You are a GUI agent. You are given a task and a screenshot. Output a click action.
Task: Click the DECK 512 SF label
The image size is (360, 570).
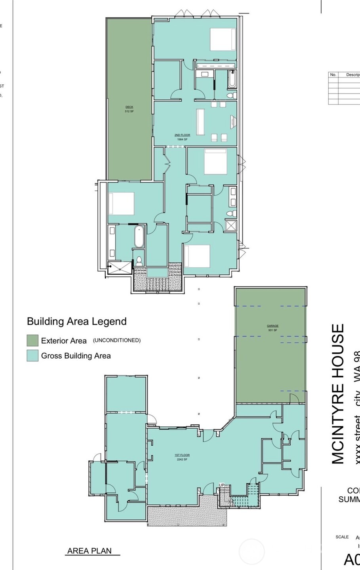point(129,109)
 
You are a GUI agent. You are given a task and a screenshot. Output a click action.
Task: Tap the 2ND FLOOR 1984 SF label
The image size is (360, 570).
point(182,137)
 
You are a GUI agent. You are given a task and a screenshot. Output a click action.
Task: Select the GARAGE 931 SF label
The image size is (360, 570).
point(272,328)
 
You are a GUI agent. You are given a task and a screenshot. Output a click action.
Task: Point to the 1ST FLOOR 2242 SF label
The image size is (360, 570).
point(181,457)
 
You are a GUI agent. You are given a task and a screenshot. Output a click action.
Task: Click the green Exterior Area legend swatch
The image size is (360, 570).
point(32,340)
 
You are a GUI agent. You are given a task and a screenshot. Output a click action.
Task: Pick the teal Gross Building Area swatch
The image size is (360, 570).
point(32,355)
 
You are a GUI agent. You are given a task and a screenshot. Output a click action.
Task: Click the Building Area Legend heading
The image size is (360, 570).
point(76,321)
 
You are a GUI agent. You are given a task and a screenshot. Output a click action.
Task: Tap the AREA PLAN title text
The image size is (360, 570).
point(90,551)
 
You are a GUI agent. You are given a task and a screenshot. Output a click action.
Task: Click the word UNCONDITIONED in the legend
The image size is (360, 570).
point(117,340)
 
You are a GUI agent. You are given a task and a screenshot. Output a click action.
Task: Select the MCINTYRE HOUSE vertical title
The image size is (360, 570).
point(338,394)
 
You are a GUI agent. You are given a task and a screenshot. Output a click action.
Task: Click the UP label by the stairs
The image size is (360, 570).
point(222,485)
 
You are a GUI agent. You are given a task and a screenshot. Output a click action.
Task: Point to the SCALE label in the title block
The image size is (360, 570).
point(342,537)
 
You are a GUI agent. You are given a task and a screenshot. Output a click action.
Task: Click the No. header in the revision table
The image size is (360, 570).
point(333,74)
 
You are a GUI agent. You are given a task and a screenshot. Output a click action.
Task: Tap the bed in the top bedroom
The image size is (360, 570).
point(223,39)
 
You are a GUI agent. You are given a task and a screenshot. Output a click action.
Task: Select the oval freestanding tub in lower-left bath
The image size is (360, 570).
point(139,237)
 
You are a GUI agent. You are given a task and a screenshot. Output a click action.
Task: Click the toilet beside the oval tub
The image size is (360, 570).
point(139,261)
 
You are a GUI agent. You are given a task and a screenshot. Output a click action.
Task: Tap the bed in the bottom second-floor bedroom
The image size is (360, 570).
point(197,256)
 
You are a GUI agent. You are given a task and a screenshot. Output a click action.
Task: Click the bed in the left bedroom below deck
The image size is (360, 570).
point(122,203)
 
